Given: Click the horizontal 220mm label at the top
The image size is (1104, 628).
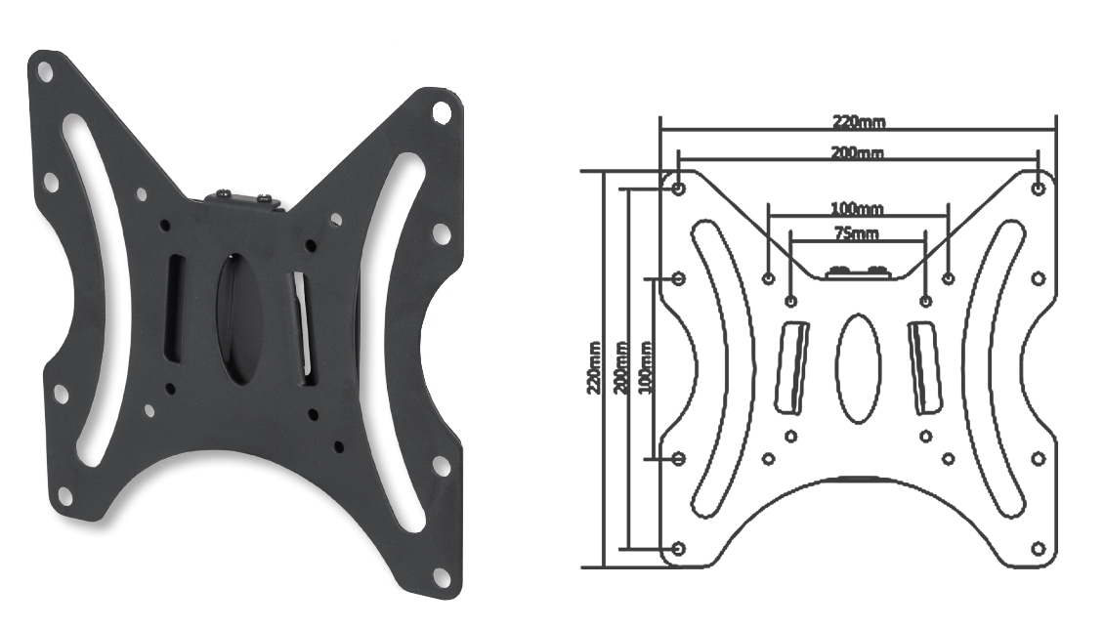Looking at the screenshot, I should click(859, 122).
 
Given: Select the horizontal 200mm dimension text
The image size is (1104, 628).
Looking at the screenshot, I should click(858, 153).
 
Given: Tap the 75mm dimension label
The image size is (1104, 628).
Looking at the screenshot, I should click(856, 233).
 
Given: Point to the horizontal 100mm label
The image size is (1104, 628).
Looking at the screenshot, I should click(857, 209).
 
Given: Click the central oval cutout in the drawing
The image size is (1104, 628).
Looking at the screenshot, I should click(859, 367).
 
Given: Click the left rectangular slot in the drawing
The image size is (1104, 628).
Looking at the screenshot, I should click(792, 367).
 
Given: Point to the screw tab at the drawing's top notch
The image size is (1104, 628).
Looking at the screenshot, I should click(858, 272).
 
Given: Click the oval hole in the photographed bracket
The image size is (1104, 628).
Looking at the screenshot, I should click(234, 317).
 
